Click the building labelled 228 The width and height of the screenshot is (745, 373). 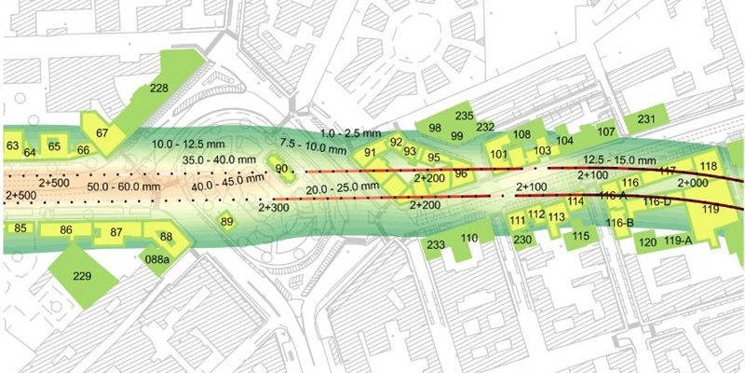point(159,89)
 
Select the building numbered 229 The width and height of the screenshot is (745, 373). point(82,276)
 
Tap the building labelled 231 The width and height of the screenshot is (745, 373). point(647,118)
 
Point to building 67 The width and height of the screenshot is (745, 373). point(102,133)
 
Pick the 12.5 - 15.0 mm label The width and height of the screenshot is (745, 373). point(617,161)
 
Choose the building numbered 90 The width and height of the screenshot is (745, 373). point(281,167)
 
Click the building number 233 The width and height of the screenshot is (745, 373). point(436,244)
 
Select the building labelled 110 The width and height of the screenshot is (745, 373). point(469,239)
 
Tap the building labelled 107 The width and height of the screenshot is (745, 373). point(606,131)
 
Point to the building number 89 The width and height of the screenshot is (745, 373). point(226,222)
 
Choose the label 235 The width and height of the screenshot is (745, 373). point(464,116)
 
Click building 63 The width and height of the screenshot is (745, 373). point(12,146)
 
